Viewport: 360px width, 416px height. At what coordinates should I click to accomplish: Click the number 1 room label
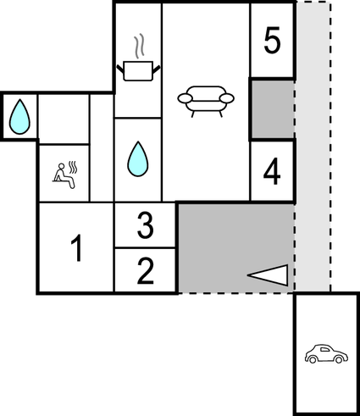(x=76, y=250)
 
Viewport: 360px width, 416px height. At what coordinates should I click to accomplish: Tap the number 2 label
(x=145, y=271)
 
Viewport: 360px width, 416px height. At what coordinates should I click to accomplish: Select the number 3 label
(x=145, y=226)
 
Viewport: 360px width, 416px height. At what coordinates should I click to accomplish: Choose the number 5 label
(x=271, y=41)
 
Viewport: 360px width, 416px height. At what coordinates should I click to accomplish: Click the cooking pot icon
(x=138, y=70)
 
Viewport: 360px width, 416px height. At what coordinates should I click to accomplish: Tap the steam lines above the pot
(x=141, y=44)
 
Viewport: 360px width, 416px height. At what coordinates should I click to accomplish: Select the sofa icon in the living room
(x=206, y=99)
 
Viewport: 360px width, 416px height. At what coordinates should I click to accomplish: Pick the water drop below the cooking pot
(x=137, y=159)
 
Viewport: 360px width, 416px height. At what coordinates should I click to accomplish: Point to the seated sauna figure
(x=61, y=175)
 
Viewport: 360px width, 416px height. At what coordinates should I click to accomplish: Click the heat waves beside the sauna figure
(x=75, y=169)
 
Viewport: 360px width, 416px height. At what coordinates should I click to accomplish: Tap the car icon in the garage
(x=325, y=353)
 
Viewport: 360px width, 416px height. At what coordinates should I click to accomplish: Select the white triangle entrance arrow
(x=269, y=274)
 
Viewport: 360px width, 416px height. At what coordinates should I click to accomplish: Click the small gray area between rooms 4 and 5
(x=272, y=110)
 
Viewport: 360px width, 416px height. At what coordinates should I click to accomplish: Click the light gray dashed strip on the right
(x=312, y=169)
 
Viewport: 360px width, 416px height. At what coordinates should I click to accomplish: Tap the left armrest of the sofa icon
(x=186, y=99)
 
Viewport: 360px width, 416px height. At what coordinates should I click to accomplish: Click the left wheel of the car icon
(x=313, y=360)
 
